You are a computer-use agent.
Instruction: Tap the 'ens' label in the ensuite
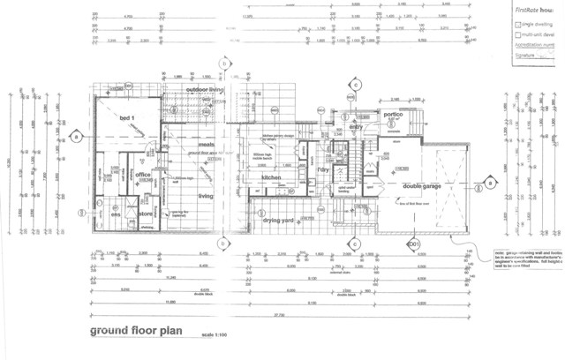(x=116, y=214)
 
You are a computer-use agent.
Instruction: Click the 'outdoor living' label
(x=204, y=91)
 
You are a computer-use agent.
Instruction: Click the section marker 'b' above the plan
(x=225, y=64)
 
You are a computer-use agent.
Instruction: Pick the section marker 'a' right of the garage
(x=486, y=183)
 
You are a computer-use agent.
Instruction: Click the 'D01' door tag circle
(x=412, y=243)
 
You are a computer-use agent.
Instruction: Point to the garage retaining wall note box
(x=525, y=261)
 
